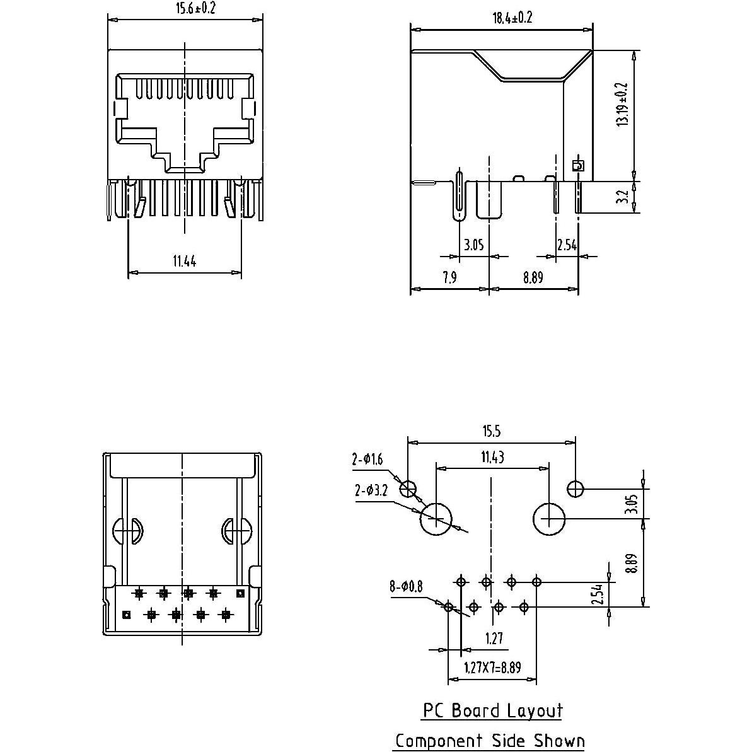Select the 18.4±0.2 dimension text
[512, 18]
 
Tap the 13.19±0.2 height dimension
[623, 104]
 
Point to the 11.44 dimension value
[184, 261]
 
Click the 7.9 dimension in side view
[449, 278]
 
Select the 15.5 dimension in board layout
[492, 431]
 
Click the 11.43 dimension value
[492, 458]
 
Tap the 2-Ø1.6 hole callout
[367, 460]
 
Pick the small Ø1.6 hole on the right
[576, 489]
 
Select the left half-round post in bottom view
[127, 531]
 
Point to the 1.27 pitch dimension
[494, 639]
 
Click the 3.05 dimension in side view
[473, 245]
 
